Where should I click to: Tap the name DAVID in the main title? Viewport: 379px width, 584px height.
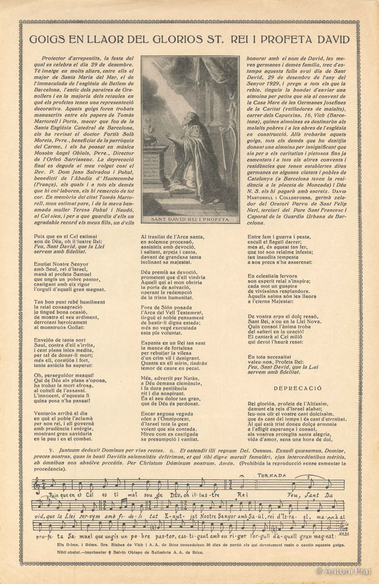click(x=332, y=39)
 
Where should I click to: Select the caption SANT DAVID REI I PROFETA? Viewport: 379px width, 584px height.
click(x=190, y=219)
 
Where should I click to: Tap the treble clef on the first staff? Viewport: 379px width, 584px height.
click(x=37, y=485)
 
